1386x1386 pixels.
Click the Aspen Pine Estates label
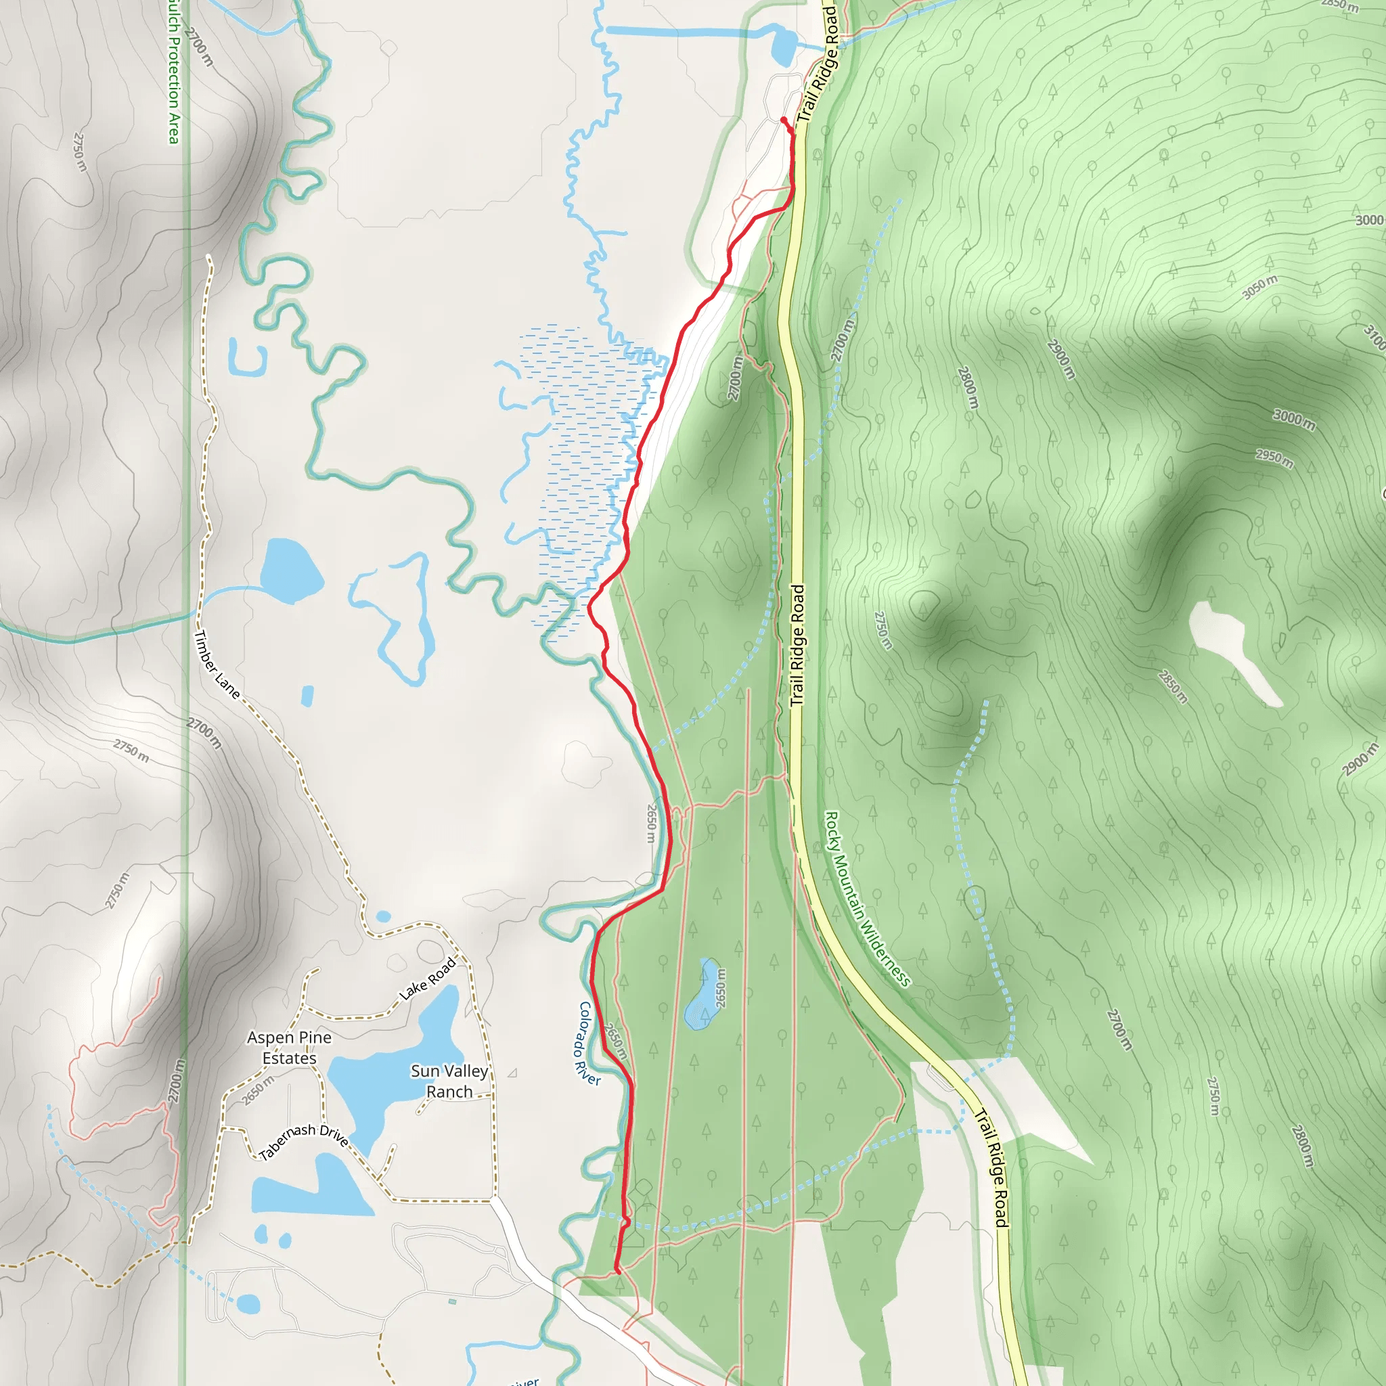[x=289, y=1048]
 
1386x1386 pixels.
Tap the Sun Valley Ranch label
[x=449, y=1081]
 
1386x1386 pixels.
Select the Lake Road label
[x=428, y=979]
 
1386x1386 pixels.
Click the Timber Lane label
[x=217, y=665]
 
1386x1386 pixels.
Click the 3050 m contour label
[x=1259, y=287]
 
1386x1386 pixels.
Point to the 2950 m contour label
[x=1275, y=458]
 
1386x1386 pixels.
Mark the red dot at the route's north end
[x=784, y=120]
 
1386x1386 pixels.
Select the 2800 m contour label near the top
[x=968, y=387]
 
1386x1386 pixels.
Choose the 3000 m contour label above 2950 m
[x=1294, y=420]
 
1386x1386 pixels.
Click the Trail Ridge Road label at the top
[x=820, y=64]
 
